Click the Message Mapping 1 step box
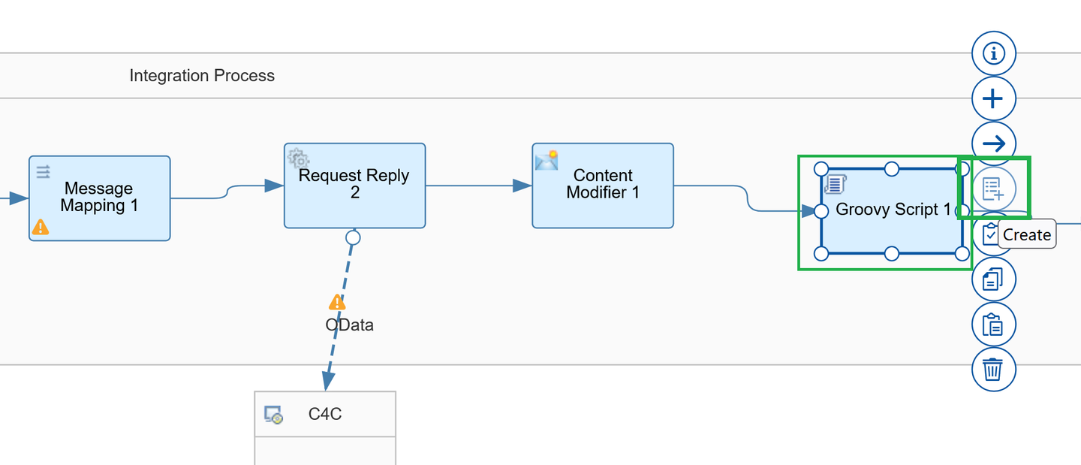(x=99, y=198)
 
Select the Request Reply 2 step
(x=354, y=186)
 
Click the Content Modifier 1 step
(x=603, y=186)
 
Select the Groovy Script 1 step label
(x=893, y=210)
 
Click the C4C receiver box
(x=325, y=428)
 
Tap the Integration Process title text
(x=202, y=76)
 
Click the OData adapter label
(x=349, y=325)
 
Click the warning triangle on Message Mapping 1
(x=41, y=227)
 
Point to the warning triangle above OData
(x=337, y=302)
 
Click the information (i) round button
(x=994, y=53)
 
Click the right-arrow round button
(x=994, y=143)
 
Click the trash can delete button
(x=994, y=370)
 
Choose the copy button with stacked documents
(x=994, y=279)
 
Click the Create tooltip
(x=1026, y=234)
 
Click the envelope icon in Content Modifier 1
(x=547, y=160)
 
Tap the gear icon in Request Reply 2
(x=298, y=158)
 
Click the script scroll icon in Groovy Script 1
(x=836, y=184)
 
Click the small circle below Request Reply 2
(x=353, y=237)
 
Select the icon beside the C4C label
(x=273, y=415)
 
